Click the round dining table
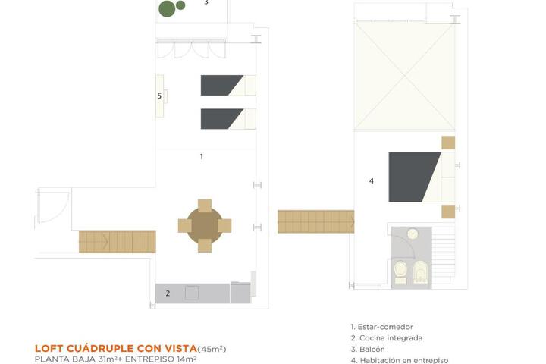pos(205,225)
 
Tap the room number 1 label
pos(201,157)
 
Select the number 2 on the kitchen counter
pos(168,293)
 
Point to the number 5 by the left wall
pos(159,96)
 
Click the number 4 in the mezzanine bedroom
pos(371,180)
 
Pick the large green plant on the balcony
pos(167,8)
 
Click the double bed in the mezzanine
pos(422,177)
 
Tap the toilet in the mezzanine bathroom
pos(400,271)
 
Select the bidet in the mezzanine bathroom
pos(420,271)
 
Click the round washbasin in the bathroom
pos(413,234)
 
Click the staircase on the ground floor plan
pos(118,241)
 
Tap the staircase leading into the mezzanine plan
pos(315,221)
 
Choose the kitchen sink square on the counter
pos(192,293)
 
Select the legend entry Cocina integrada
pos(387,338)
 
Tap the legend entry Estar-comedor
pos(382,327)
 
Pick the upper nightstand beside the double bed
pos(448,143)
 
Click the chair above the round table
pos(205,206)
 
